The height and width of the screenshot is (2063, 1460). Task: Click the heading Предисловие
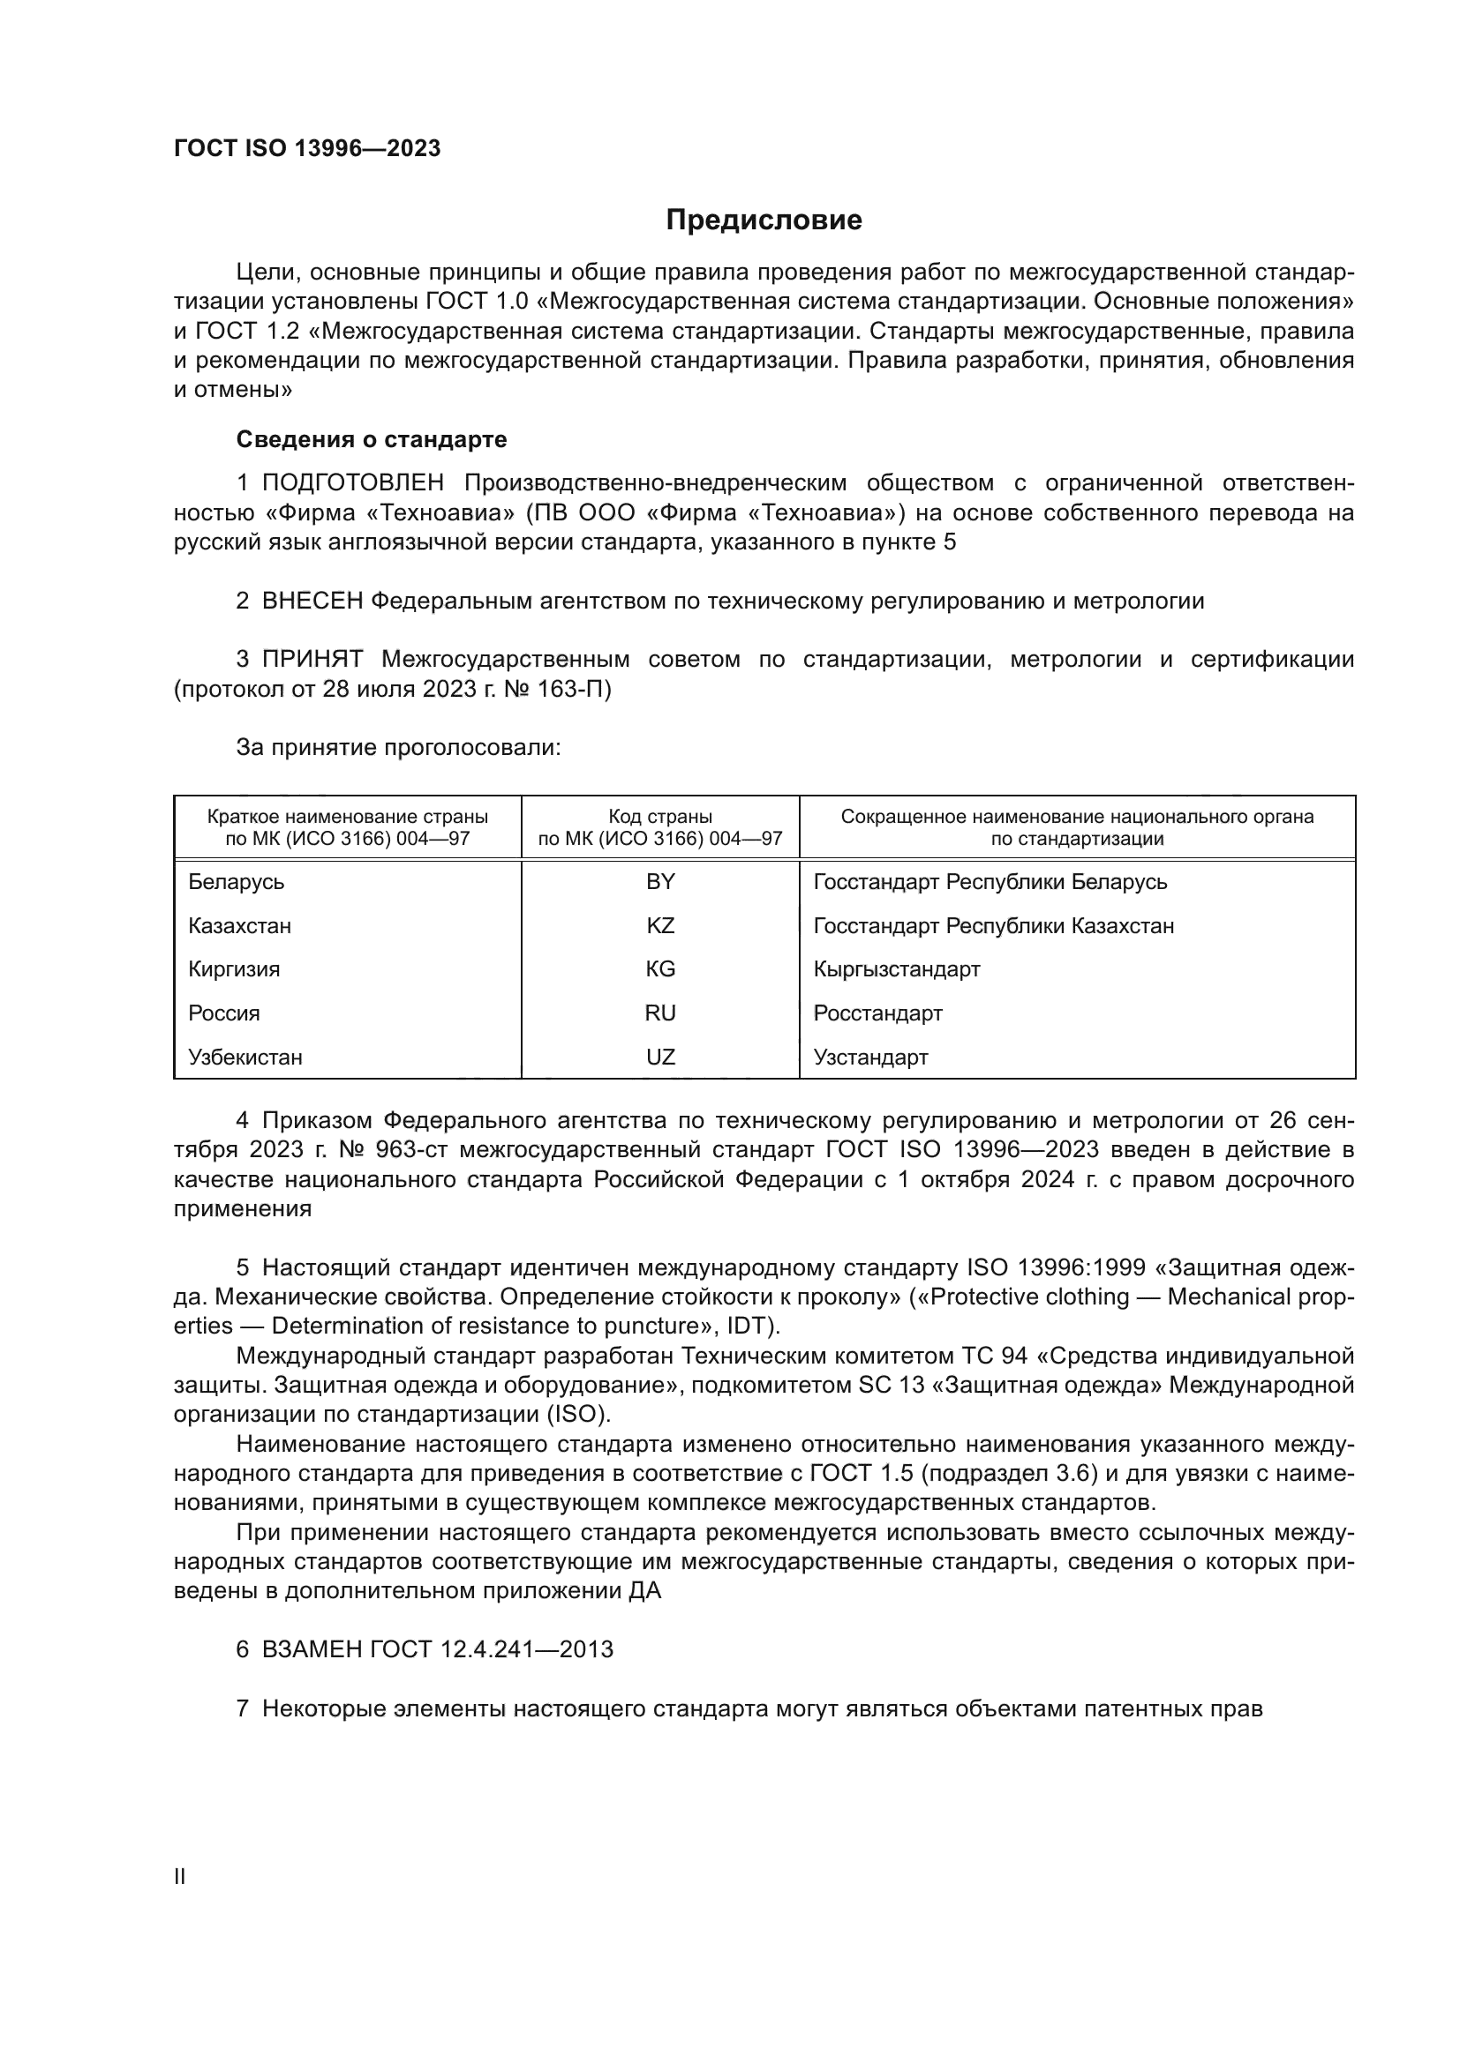click(764, 221)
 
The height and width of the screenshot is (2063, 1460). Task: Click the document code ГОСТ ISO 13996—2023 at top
click(307, 149)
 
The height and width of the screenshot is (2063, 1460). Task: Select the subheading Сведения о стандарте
click(372, 439)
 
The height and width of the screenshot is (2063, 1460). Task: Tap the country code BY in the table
click(660, 882)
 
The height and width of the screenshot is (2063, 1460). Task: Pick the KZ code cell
click(660, 925)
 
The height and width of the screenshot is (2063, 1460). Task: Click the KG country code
click(660, 969)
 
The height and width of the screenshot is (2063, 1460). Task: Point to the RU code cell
click(660, 1013)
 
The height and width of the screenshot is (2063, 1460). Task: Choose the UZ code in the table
click(660, 1058)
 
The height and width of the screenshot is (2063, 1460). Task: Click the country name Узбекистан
click(245, 1058)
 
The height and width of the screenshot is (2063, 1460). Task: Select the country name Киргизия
click(234, 969)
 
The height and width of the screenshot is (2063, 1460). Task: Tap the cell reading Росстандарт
click(877, 1013)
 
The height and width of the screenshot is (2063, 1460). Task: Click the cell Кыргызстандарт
click(896, 969)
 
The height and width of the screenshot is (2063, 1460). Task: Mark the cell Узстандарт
click(870, 1058)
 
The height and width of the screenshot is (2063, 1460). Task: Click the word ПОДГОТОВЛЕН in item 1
click(352, 483)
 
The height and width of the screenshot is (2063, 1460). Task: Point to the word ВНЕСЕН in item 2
click(312, 602)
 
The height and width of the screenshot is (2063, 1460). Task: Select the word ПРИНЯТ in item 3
click(312, 660)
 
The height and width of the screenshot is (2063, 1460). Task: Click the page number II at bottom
click(180, 1877)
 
